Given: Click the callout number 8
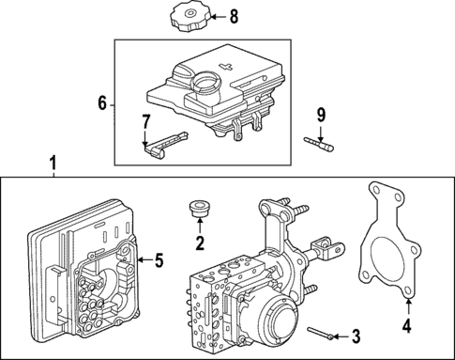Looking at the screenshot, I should pyautogui.click(x=234, y=16).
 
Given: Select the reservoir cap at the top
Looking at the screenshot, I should pyautogui.click(x=191, y=18).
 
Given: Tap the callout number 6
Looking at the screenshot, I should pyautogui.click(x=101, y=103).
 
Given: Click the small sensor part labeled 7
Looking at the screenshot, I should pyautogui.click(x=158, y=144).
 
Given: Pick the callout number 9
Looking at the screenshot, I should pyautogui.click(x=320, y=116).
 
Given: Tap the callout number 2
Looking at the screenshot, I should pyautogui.click(x=199, y=244).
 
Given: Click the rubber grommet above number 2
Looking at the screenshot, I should pyautogui.click(x=198, y=209).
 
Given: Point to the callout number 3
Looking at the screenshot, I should pyautogui.click(x=355, y=335).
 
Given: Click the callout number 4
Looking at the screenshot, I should pyautogui.click(x=406, y=327).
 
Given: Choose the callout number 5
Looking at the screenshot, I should pyautogui.click(x=159, y=260).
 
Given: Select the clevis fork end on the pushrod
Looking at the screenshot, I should pyautogui.click(x=326, y=249).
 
